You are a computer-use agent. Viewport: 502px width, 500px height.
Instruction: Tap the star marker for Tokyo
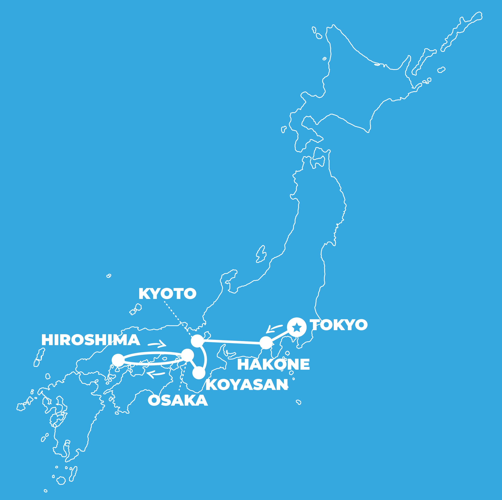click(297, 327)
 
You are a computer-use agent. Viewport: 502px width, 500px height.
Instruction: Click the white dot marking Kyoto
click(197, 341)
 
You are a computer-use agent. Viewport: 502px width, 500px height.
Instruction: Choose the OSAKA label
click(178, 400)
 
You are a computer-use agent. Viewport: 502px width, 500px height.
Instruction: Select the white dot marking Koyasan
click(199, 373)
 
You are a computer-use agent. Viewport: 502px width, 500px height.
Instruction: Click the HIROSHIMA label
click(91, 340)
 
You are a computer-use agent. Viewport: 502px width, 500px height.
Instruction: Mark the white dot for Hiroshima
click(118, 360)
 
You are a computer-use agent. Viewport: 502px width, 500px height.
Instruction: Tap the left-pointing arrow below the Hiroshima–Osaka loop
click(156, 375)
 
